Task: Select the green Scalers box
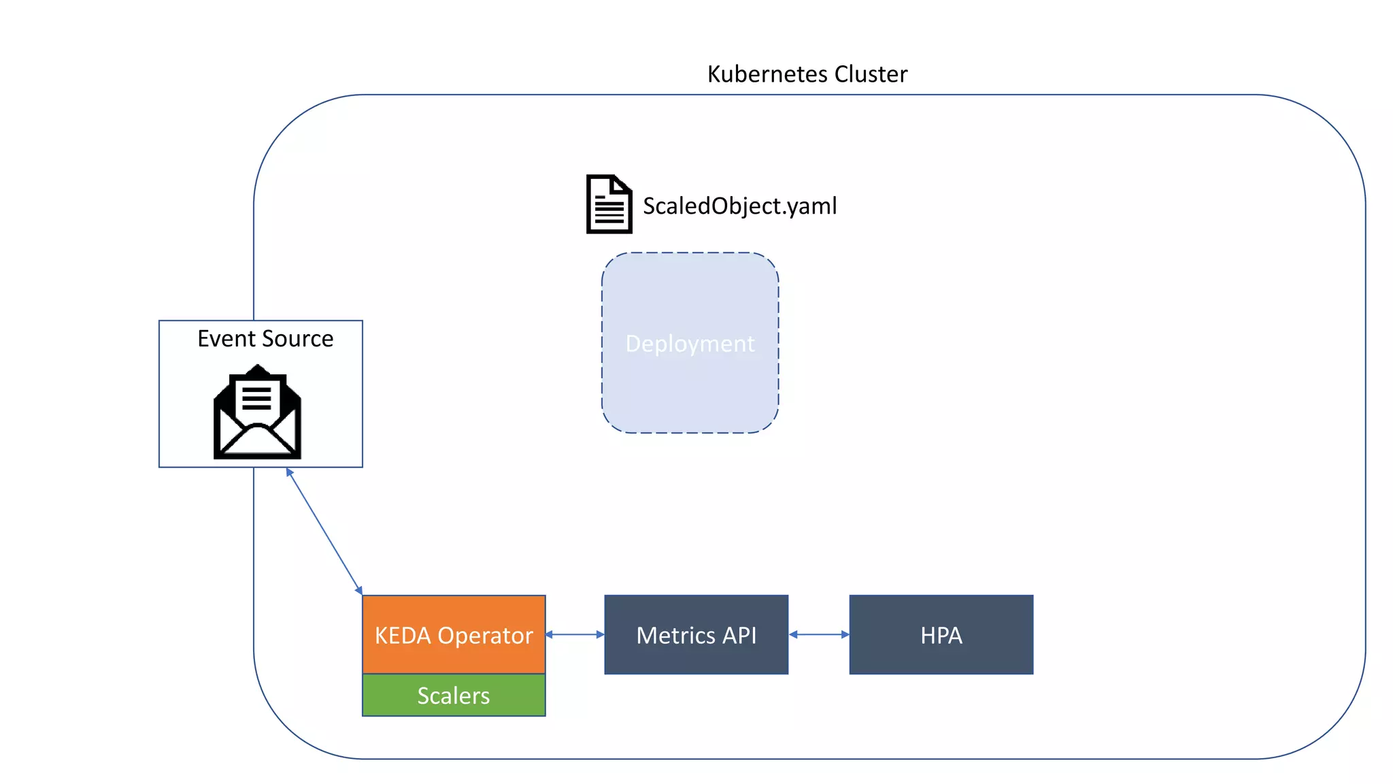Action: tap(454, 696)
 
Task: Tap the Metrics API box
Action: tap(696, 635)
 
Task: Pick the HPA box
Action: tap(941, 635)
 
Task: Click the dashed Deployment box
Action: tap(690, 381)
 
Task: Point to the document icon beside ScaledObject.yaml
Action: tap(609, 204)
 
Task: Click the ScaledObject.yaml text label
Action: tap(739, 206)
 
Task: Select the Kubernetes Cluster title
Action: tap(807, 73)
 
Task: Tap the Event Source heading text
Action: tap(265, 338)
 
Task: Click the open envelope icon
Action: tap(257, 429)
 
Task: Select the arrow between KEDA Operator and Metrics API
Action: tap(575, 634)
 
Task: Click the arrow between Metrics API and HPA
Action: tap(819, 634)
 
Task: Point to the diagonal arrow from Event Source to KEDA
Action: tap(324, 532)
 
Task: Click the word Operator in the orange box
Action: tap(485, 636)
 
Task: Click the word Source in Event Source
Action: tap(297, 338)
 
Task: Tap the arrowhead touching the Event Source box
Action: tap(290, 472)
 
